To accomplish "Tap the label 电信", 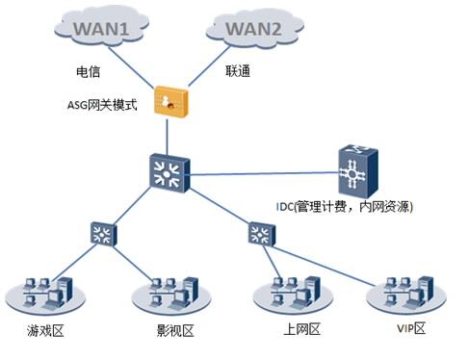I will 89,71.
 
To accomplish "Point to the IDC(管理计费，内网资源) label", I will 344,206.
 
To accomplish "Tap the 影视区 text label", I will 174,332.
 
